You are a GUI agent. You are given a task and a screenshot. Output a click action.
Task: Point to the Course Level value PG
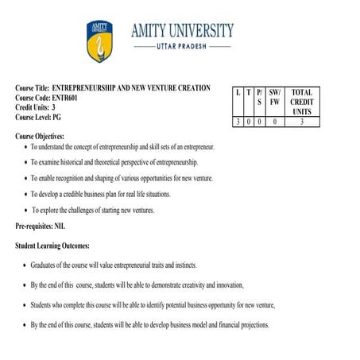point(56,117)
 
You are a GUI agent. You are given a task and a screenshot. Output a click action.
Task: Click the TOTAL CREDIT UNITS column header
point(301,103)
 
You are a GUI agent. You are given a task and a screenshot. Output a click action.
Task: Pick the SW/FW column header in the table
point(275,98)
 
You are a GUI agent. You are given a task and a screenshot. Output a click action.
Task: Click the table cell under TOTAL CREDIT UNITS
point(301,122)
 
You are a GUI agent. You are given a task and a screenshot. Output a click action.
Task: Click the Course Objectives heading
point(39,137)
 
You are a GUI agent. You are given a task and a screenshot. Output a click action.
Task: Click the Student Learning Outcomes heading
point(52,246)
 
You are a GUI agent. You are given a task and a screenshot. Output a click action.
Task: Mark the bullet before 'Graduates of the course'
point(26,265)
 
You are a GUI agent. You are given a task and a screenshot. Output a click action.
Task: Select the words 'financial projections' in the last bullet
point(237,324)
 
